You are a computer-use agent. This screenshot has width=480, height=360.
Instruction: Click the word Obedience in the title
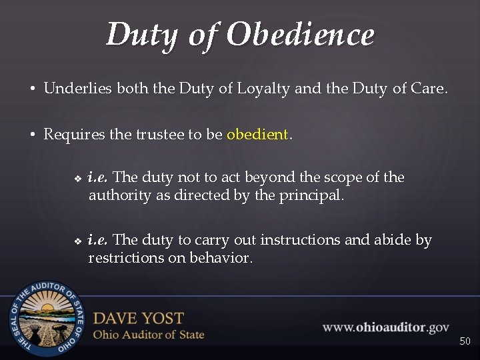pyautogui.click(x=300, y=35)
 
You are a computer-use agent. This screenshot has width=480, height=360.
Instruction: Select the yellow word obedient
pyautogui.click(x=257, y=134)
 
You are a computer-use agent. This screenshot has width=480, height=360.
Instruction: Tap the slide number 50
pyautogui.click(x=465, y=341)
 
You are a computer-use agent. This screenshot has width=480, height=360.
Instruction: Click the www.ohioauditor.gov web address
pyautogui.click(x=386, y=327)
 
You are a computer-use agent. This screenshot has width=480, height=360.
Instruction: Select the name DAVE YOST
pyautogui.click(x=138, y=318)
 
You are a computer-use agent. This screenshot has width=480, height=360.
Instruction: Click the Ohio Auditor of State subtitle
pyautogui.click(x=148, y=334)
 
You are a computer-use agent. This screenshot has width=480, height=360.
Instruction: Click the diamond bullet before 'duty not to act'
pyautogui.click(x=77, y=179)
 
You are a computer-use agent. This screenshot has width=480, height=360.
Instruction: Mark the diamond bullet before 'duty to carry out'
pyautogui.click(x=77, y=241)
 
